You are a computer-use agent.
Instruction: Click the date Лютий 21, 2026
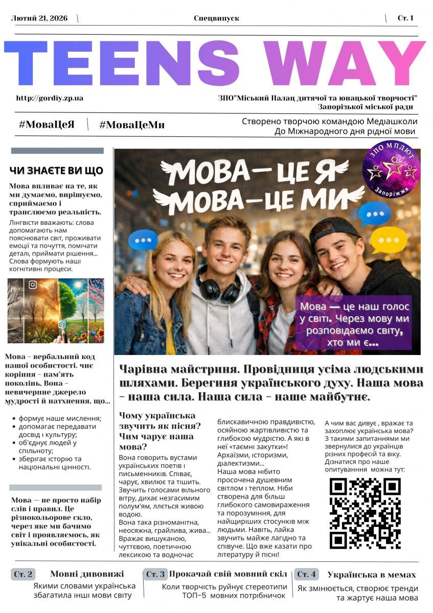36,18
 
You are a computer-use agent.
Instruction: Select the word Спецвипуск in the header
216,18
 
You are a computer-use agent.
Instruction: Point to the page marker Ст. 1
405,18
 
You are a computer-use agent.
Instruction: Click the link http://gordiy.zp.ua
50,98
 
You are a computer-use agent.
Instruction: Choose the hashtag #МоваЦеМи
132,125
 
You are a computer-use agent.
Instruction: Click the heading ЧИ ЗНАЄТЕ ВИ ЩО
56,171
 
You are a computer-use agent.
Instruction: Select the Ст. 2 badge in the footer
24,574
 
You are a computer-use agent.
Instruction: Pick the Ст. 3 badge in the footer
155,574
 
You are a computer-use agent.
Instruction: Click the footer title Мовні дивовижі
87,574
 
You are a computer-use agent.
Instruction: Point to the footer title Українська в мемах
372,575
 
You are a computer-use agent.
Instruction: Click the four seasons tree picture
56,310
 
